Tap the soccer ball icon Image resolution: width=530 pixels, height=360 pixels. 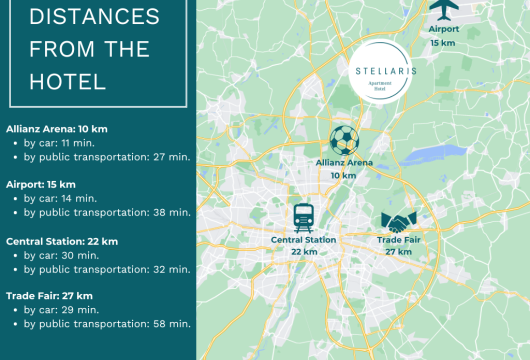click(343, 140)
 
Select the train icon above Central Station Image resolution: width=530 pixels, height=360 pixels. click(303, 216)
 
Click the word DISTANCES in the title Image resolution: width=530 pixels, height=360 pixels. click(94, 17)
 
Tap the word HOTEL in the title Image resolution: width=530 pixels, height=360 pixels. click(68, 81)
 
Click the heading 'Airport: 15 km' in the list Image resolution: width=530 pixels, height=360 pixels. click(41, 185)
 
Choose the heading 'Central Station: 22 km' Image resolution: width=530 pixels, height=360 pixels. click(62, 241)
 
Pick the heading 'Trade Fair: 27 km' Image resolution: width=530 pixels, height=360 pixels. click(50, 296)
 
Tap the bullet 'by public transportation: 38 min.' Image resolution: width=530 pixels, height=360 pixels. click(107, 212)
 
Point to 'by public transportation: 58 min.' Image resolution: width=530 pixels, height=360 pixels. click(107, 324)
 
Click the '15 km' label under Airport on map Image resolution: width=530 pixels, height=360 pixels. click(442, 43)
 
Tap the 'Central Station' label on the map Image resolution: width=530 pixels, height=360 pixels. click(303, 240)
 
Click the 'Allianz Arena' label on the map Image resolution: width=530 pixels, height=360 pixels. click(343, 163)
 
